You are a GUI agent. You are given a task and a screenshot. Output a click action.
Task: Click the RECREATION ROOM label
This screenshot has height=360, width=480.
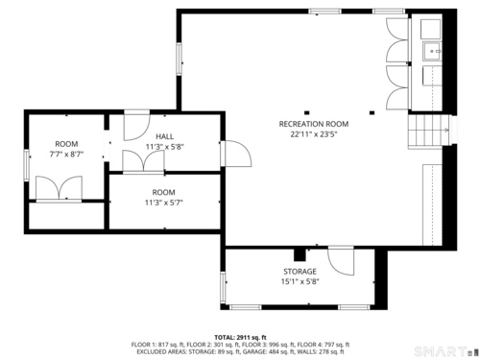pyautogui.click(x=314, y=124)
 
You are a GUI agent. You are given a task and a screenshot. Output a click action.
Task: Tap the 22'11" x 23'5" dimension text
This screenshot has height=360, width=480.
pyautogui.click(x=314, y=134)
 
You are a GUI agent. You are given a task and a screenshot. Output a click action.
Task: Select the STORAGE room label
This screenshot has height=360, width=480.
pyautogui.click(x=300, y=272)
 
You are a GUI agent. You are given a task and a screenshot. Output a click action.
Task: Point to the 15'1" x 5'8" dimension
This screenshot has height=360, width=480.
pyautogui.click(x=300, y=281)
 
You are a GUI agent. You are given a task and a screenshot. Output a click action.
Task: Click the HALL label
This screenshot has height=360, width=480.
pyautogui.click(x=165, y=136)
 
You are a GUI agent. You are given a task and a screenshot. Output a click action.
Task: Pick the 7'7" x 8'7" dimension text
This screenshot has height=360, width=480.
pyautogui.click(x=66, y=155)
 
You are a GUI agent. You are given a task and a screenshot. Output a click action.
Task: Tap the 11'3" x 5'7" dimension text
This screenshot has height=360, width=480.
pyautogui.click(x=164, y=203)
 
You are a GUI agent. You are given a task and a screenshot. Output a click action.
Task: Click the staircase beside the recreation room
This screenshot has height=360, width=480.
pyautogui.click(x=428, y=130)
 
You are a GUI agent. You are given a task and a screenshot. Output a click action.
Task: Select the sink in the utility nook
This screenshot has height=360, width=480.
pyautogui.click(x=432, y=51)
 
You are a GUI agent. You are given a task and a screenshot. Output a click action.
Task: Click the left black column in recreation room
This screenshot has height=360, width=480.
pyautogui.click(x=306, y=112)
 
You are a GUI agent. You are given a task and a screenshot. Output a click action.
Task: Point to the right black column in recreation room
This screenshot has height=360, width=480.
pyautogui.click(x=372, y=112)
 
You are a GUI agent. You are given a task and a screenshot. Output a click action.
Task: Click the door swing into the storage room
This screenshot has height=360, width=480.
pyautogui.click(x=341, y=261)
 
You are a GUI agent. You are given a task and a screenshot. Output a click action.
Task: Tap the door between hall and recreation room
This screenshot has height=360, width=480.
pyautogui.click(x=236, y=154)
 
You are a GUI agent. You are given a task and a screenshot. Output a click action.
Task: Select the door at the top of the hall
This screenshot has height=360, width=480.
pyautogui.click(x=137, y=126)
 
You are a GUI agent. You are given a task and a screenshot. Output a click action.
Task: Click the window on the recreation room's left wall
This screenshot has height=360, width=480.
pyautogui.click(x=180, y=60)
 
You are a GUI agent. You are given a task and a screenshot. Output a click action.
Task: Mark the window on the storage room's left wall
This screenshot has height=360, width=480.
pyautogui.click(x=223, y=286)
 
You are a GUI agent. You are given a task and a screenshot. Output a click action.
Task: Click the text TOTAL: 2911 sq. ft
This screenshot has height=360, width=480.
pyautogui.click(x=240, y=337)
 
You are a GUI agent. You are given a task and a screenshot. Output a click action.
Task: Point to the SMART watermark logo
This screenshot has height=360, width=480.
pyautogui.click(x=444, y=351)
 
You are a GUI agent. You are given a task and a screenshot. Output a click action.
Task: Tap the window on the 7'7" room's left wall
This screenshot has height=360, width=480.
pyautogui.click(x=27, y=166)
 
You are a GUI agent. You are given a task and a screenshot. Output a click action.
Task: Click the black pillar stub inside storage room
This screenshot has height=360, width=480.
pyautogui.click(x=300, y=254)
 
